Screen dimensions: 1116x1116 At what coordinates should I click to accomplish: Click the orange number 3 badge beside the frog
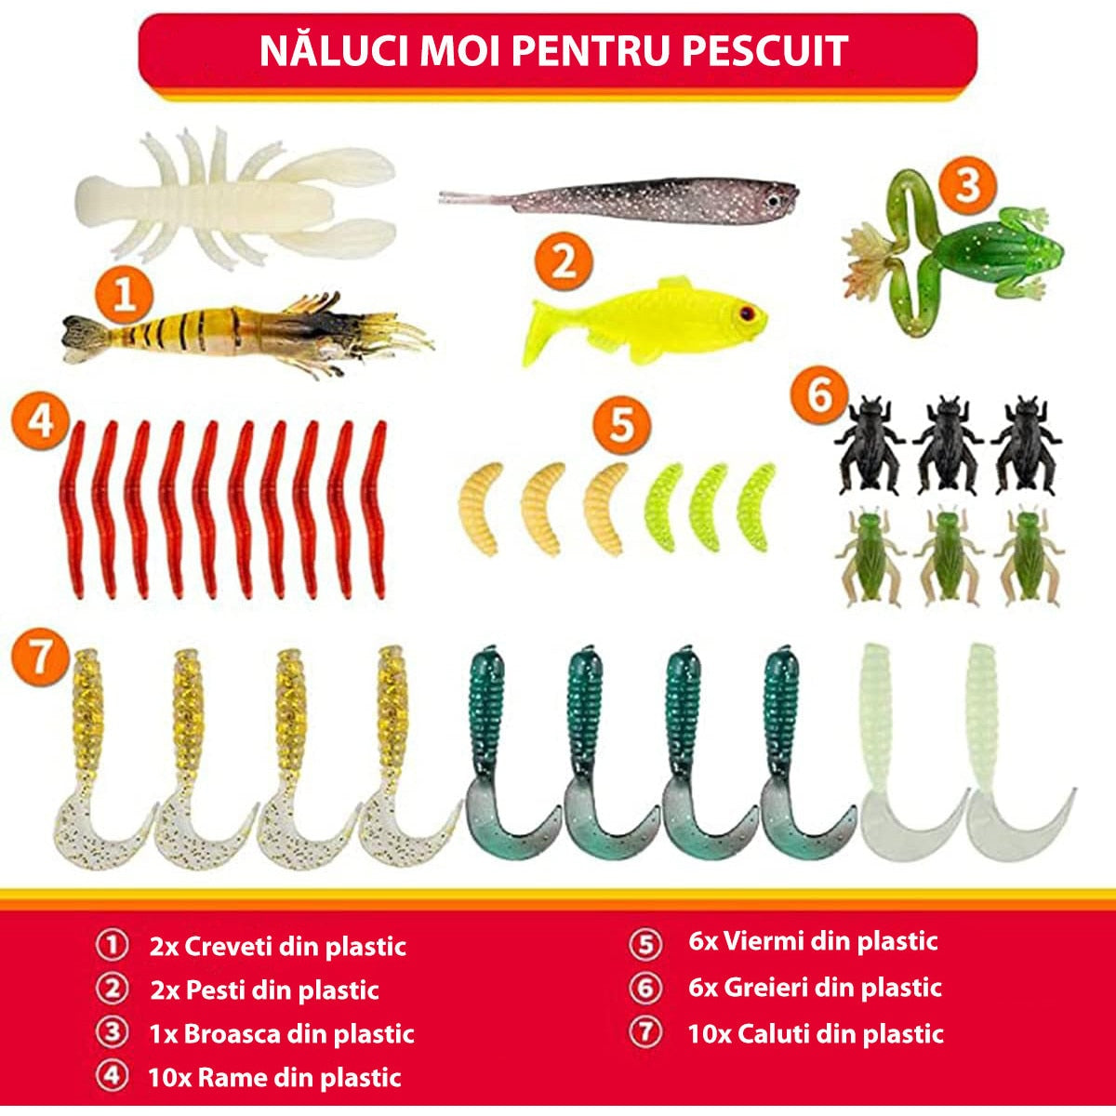pyautogui.click(x=966, y=185)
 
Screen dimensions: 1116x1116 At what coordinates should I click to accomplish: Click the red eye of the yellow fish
pyautogui.click(x=745, y=313)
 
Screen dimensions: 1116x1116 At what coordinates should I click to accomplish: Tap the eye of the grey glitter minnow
pyautogui.click(x=773, y=201)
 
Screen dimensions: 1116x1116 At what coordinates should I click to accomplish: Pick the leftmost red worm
pyautogui.click(x=74, y=509)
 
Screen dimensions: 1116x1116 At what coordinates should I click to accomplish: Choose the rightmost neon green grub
pyautogui.click(x=756, y=507)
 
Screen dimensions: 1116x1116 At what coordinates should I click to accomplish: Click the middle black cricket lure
pyautogui.click(x=947, y=444)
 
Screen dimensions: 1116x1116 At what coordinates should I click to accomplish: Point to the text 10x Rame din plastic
pyautogui.click(x=274, y=1078)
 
